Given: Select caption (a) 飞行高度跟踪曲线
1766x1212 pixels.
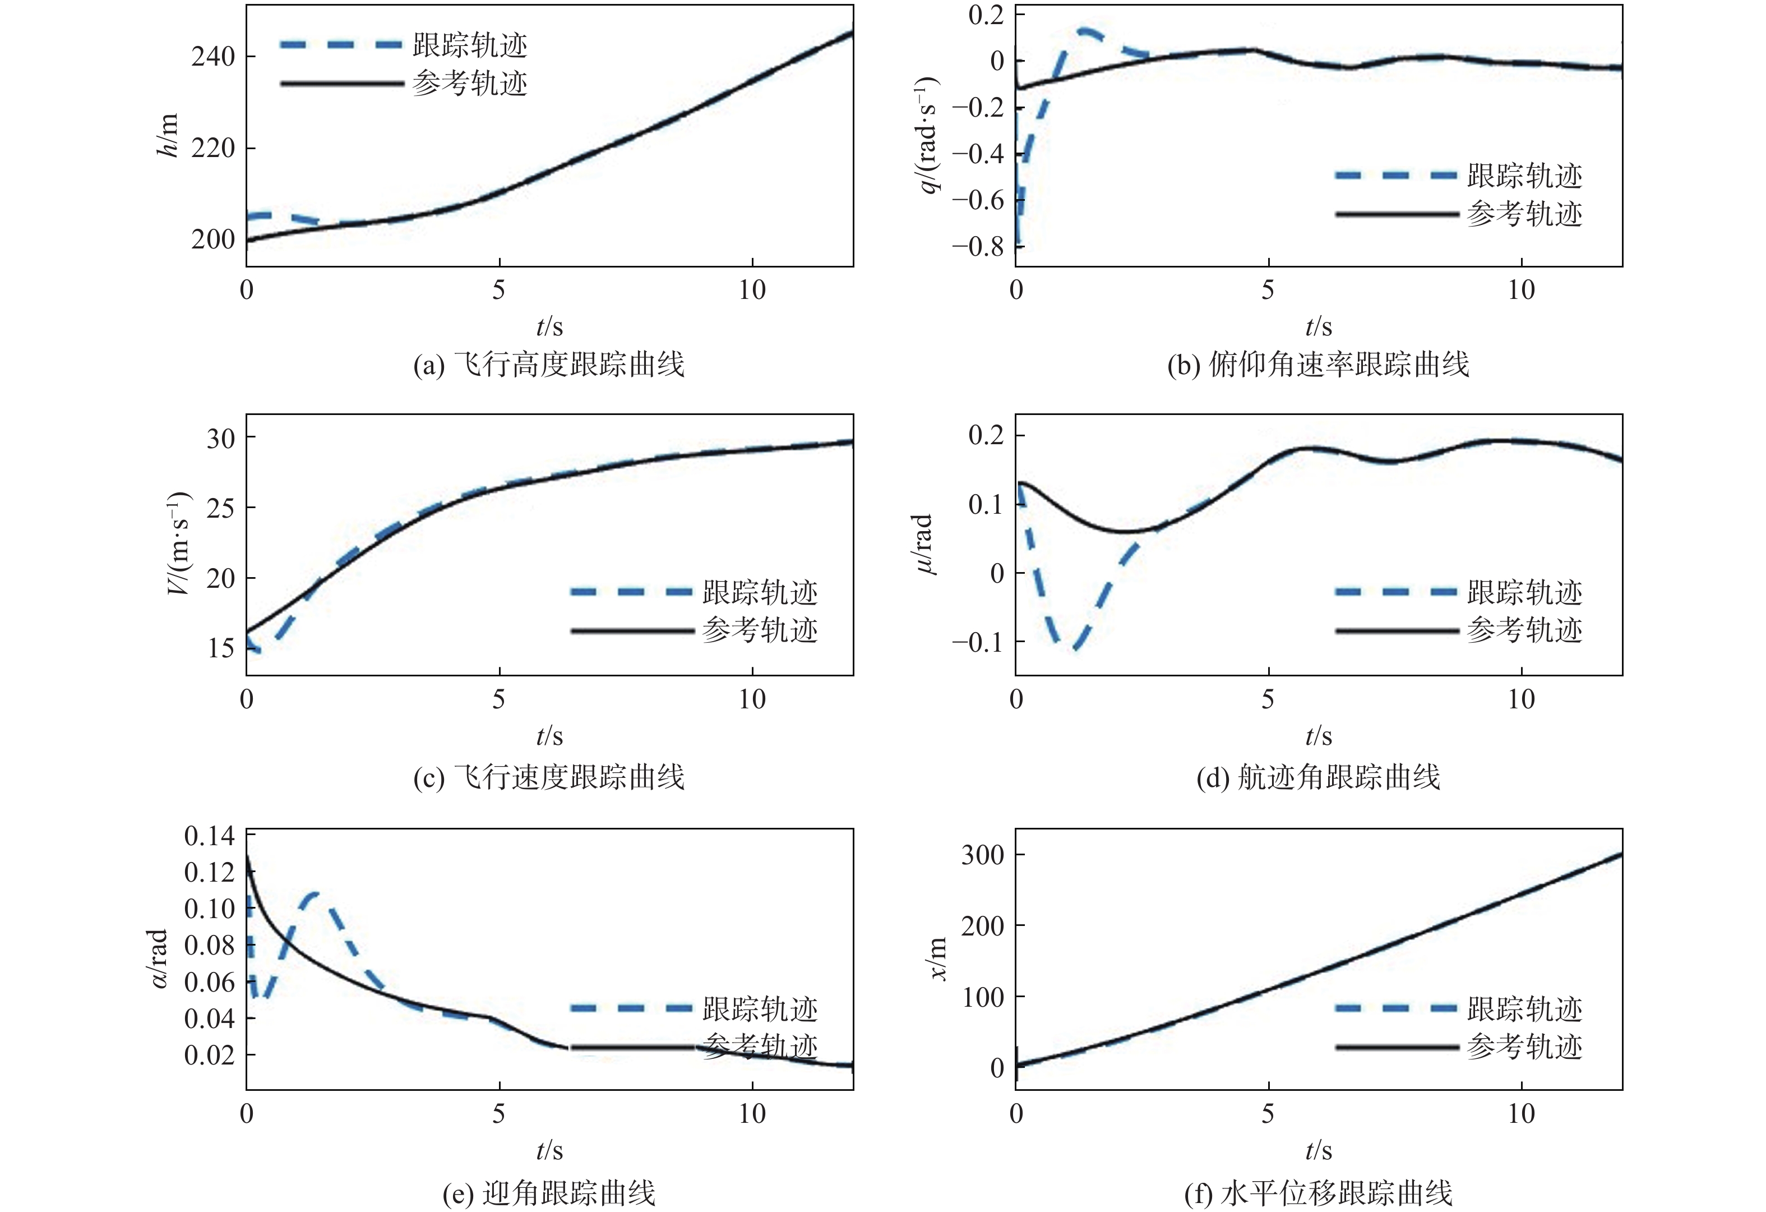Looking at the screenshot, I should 549,365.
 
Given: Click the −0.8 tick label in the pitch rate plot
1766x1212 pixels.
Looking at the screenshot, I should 977,246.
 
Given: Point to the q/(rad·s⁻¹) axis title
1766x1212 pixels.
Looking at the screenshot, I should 928,135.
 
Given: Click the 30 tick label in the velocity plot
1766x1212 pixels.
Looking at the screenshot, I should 220,438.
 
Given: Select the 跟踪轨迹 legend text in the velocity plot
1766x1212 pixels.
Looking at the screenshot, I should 760,592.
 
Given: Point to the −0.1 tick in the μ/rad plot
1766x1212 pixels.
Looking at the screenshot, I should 977,643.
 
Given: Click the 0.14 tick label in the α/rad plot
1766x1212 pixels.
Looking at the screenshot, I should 210,836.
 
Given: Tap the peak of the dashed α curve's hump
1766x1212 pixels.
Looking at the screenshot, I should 314,893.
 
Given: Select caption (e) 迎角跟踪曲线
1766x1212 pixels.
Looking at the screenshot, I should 549,1193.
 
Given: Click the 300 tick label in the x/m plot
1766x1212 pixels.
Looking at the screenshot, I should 982,855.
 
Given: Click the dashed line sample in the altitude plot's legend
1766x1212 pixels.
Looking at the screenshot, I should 340,45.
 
